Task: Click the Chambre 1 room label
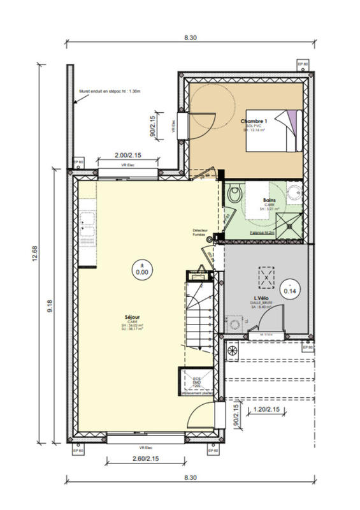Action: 255,120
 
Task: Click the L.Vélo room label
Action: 260,299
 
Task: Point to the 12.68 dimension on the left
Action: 42,253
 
